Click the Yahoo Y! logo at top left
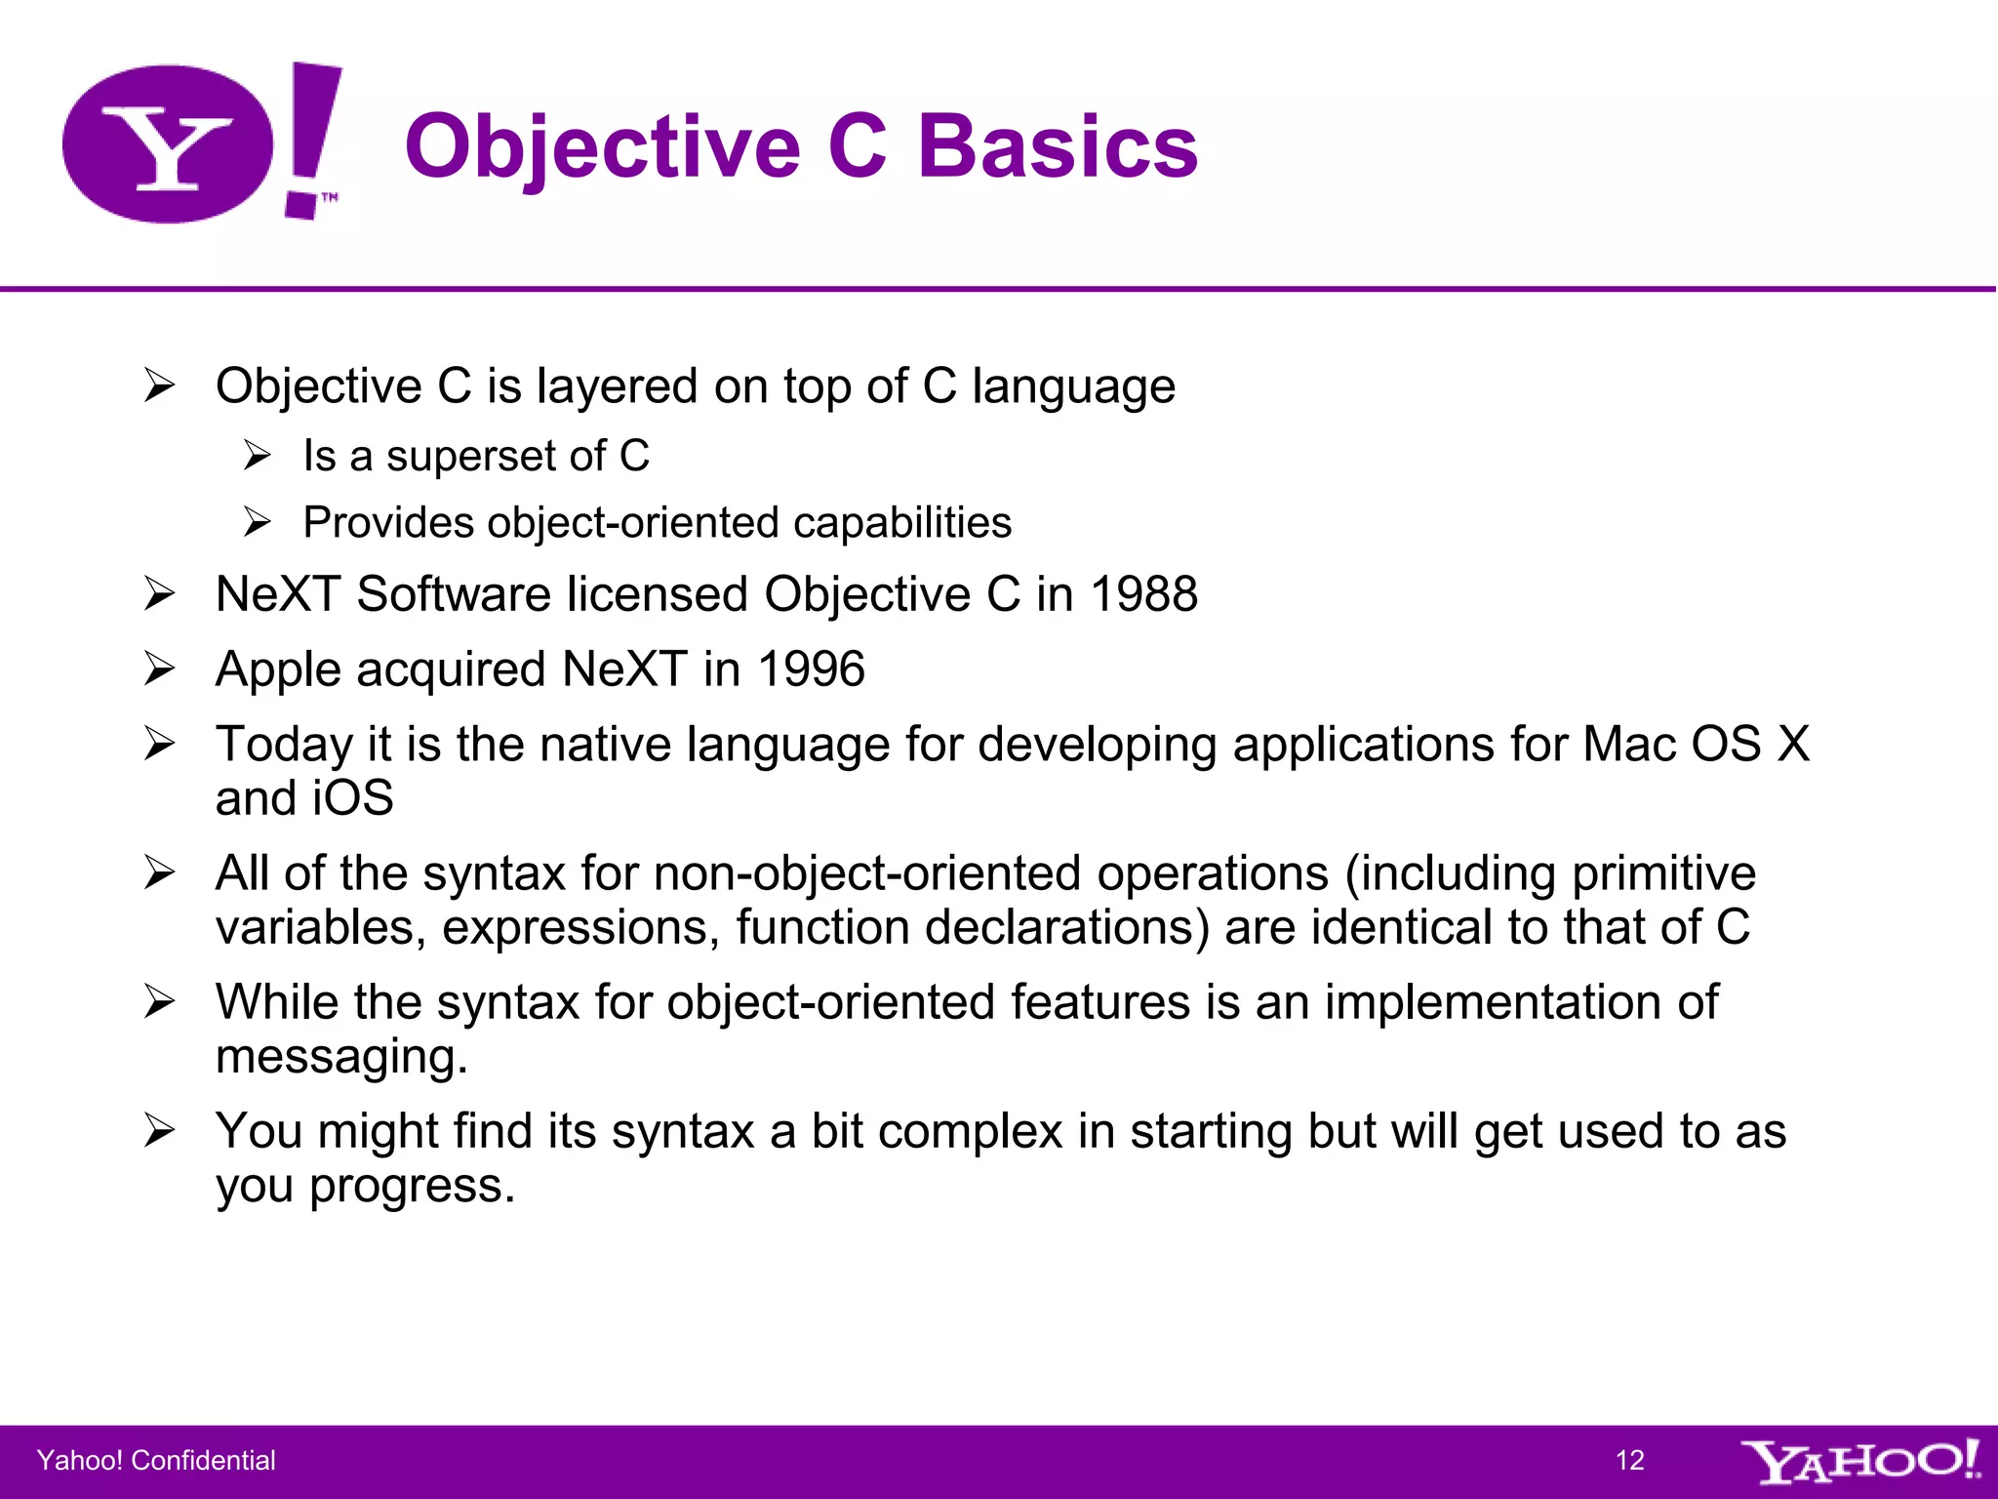[x=200, y=143]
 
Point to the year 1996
[x=811, y=669]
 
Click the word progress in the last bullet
[x=411, y=1187]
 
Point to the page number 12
[x=1629, y=1460]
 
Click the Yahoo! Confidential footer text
[x=156, y=1460]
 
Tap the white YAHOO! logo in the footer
[x=1858, y=1461]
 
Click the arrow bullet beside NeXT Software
[x=159, y=593]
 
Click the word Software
[x=454, y=594]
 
